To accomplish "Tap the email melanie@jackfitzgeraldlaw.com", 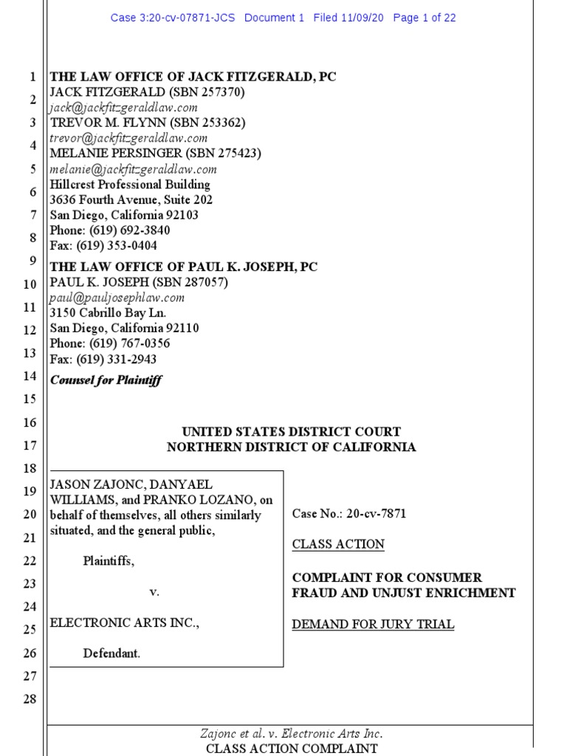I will (133, 169).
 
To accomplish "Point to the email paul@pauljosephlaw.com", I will (117, 298).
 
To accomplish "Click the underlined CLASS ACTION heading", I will (338, 545).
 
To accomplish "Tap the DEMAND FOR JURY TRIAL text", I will (373, 625).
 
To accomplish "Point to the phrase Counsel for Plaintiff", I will (106, 380).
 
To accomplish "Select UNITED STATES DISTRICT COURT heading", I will (292, 432).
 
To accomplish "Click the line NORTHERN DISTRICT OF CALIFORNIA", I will (291, 447).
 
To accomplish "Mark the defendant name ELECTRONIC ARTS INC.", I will (124, 623).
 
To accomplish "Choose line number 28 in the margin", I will (30, 699).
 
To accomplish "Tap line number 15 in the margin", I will (30, 399).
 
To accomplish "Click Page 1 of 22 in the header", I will (425, 18).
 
